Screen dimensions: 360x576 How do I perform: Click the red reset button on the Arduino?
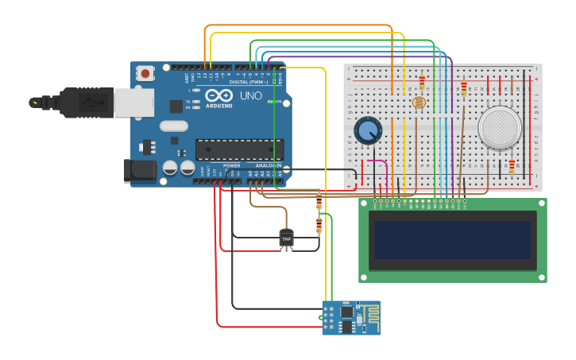(145, 73)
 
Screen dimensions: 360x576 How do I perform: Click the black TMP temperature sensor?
(286, 238)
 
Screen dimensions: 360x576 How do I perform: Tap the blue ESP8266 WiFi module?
(350, 318)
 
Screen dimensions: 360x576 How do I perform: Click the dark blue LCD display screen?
(452, 240)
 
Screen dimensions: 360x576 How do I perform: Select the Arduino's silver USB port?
(133, 103)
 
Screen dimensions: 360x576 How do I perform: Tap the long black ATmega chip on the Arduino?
(239, 149)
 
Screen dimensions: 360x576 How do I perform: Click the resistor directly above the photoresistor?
(422, 82)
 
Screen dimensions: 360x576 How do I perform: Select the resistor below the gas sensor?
(512, 166)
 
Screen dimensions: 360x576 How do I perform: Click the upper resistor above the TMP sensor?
(319, 203)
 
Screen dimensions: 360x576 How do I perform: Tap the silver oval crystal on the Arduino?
(173, 126)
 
